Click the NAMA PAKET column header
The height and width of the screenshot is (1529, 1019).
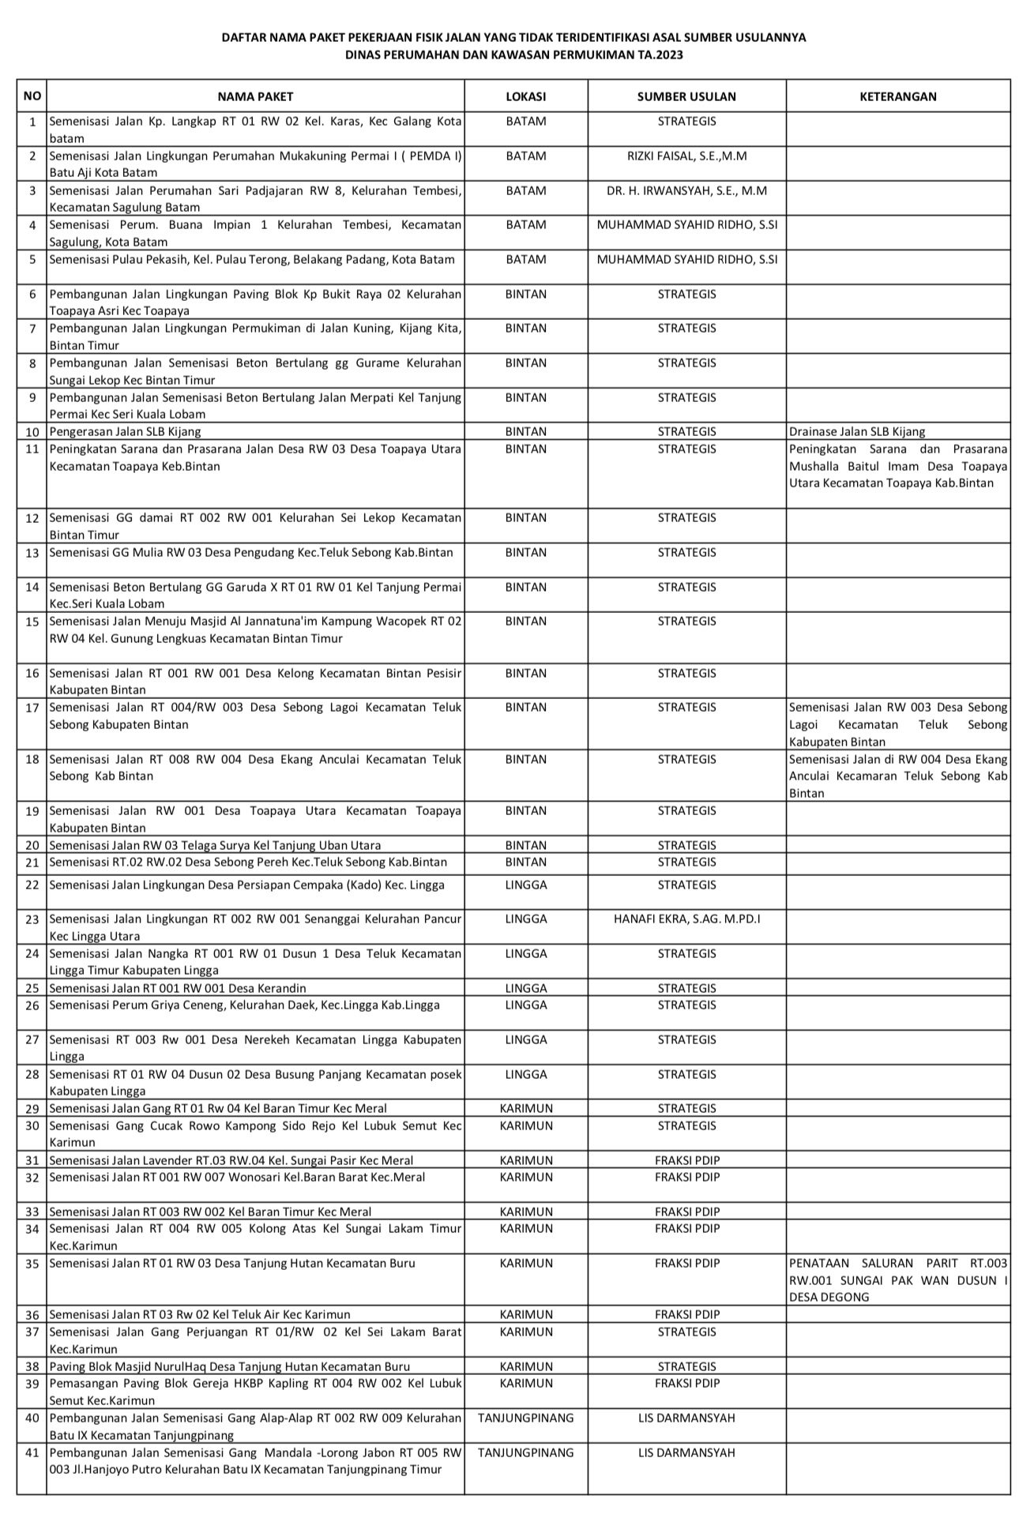click(255, 96)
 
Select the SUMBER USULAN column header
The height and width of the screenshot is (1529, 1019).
click(686, 96)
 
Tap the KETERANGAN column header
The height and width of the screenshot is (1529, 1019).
click(898, 96)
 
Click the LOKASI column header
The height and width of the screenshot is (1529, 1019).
click(526, 96)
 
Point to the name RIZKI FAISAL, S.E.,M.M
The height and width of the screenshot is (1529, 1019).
click(686, 156)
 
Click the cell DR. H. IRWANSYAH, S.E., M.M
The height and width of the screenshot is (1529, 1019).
click(686, 190)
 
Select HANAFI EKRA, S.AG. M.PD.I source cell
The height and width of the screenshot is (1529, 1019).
click(686, 919)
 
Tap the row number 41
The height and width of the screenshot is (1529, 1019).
click(32, 1452)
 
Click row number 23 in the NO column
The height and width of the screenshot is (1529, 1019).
click(32, 919)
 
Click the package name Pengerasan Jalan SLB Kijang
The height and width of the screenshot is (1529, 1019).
click(125, 432)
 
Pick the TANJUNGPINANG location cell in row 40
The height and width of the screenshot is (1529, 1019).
click(526, 1418)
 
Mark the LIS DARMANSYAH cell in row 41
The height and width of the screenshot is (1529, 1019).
click(686, 1452)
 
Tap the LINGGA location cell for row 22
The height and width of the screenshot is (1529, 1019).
click(526, 885)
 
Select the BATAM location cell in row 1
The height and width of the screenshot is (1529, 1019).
click(526, 122)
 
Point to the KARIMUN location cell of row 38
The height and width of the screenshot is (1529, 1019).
click(526, 1366)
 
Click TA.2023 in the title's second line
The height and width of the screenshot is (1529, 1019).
click(663, 55)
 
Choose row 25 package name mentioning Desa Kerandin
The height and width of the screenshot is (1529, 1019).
click(178, 988)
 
